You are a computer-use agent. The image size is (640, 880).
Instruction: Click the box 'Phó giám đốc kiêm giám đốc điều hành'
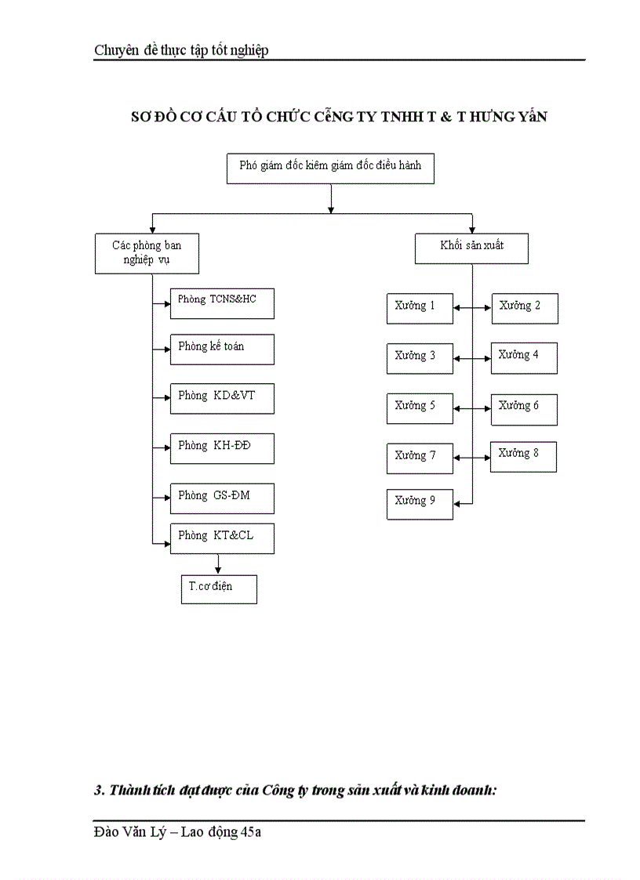[x=330, y=168]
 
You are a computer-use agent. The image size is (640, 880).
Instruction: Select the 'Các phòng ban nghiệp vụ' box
[x=147, y=253]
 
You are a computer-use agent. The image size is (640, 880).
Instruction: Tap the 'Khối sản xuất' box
[x=471, y=248]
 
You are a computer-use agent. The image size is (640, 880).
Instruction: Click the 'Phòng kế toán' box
[x=222, y=349]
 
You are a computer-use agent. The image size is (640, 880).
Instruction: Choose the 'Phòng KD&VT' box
[x=222, y=398]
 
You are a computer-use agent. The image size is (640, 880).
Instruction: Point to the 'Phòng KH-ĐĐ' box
[x=222, y=447]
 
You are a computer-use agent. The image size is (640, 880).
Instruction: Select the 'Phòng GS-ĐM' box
[x=222, y=498]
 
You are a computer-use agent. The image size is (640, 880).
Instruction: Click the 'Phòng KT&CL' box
[x=222, y=538]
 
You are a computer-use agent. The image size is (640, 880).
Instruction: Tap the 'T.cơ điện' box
[x=218, y=589]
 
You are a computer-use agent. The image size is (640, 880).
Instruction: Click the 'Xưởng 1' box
[x=420, y=308]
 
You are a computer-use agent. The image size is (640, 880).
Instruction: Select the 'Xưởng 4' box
[x=524, y=357]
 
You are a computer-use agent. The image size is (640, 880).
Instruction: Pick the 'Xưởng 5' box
[x=420, y=408]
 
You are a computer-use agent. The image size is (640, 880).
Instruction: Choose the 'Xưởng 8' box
[x=523, y=456]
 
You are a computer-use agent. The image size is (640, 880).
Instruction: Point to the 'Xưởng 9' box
[x=420, y=503]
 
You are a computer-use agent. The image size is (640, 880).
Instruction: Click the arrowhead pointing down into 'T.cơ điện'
[x=218, y=571]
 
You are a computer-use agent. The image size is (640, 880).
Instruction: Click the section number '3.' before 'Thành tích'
[x=99, y=790]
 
